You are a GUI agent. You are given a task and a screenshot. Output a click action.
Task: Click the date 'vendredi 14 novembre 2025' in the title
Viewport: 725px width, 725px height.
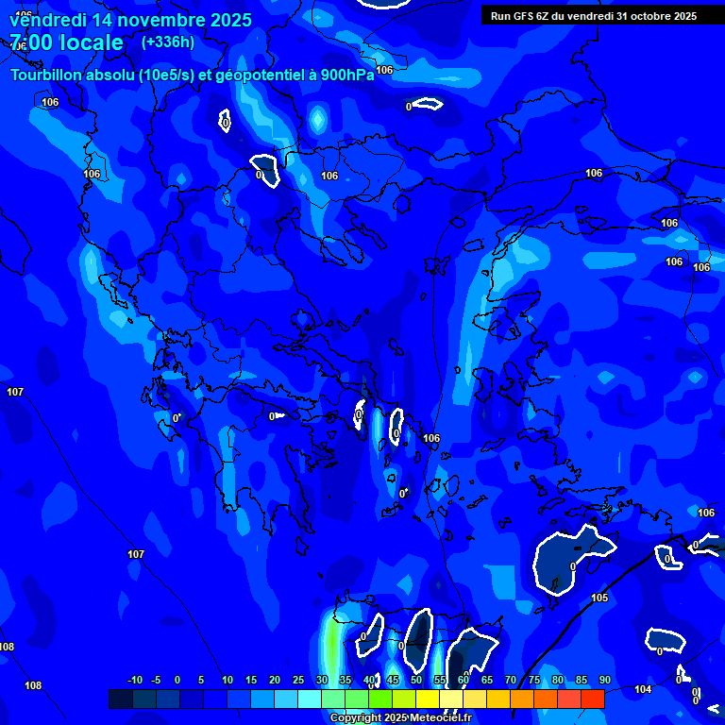click(130, 20)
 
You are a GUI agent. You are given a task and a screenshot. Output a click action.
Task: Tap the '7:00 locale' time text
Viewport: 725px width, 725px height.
click(66, 42)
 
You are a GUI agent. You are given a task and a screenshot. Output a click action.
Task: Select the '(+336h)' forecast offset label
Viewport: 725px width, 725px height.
click(167, 42)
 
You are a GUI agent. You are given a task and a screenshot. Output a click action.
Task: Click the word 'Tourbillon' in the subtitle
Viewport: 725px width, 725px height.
click(45, 76)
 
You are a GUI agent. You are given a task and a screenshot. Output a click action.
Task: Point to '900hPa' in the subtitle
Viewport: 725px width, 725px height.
click(347, 76)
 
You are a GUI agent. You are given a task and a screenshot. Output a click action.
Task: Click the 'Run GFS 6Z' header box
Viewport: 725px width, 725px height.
click(594, 15)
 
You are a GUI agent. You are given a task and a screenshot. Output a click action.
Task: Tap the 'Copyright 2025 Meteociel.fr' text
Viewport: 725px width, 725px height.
click(400, 717)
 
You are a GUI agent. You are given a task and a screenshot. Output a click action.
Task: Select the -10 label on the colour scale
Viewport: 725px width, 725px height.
click(134, 680)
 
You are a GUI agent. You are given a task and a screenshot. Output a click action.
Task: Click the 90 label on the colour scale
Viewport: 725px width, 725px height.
click(604, 680)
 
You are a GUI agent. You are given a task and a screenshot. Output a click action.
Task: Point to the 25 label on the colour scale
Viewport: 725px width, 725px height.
click(298, 680)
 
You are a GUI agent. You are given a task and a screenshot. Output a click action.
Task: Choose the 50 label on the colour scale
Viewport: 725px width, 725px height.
click(416, 680)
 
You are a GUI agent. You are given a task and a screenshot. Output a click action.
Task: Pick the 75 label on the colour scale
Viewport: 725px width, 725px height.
click(534, 680)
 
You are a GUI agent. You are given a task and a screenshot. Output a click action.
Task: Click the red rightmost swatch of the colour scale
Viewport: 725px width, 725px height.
click(592, 699)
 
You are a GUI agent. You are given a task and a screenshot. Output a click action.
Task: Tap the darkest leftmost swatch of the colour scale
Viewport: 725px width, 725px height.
click(121, 699)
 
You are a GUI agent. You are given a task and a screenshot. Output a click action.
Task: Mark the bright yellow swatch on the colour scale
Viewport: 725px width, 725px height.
click(427, 699)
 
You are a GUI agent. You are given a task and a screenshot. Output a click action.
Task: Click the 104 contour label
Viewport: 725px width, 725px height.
click(643, 689)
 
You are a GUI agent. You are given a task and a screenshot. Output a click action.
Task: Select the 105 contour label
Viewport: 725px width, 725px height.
click(599, 598)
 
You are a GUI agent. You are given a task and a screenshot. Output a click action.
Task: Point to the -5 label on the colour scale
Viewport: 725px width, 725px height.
click(156, 680)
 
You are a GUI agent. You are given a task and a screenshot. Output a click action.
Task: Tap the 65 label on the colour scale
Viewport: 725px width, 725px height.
click(487, 680)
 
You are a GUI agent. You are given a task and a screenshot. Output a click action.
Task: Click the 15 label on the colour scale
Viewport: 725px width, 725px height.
click(251, 680)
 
